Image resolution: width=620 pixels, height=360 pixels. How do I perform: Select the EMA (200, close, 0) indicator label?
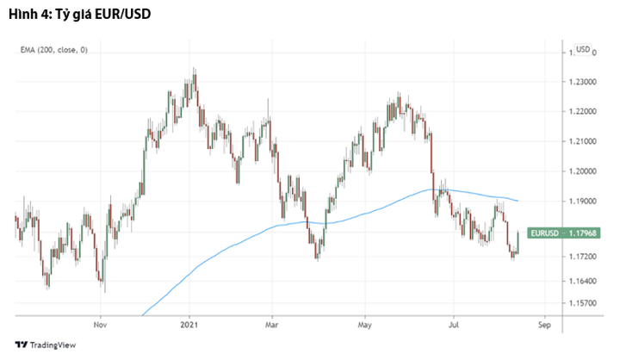point(54,50)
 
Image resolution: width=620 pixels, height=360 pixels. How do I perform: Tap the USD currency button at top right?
point(583,49)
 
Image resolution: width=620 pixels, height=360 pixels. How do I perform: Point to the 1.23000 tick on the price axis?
point(587,82)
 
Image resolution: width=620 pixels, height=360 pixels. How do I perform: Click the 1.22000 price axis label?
point(587,112)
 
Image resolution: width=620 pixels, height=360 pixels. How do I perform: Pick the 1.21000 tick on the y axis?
point(587,141)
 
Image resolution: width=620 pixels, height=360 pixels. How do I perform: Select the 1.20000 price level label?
point(587,171)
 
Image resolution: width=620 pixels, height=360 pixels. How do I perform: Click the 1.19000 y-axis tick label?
point(587,201)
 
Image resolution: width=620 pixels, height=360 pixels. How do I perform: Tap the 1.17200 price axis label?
point(587,258)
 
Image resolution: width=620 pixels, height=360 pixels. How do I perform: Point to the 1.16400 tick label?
point(587,282)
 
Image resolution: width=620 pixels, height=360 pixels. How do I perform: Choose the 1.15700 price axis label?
point(587,303)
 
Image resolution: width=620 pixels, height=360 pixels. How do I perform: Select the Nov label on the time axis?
point(100,326)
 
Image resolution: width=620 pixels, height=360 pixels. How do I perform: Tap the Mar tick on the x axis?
point(271,326)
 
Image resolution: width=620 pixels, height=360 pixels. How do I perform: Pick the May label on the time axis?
point(364,326)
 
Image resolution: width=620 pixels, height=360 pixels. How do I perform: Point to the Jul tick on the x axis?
point(453,326)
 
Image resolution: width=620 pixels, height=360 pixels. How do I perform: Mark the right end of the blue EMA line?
point(518,201)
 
